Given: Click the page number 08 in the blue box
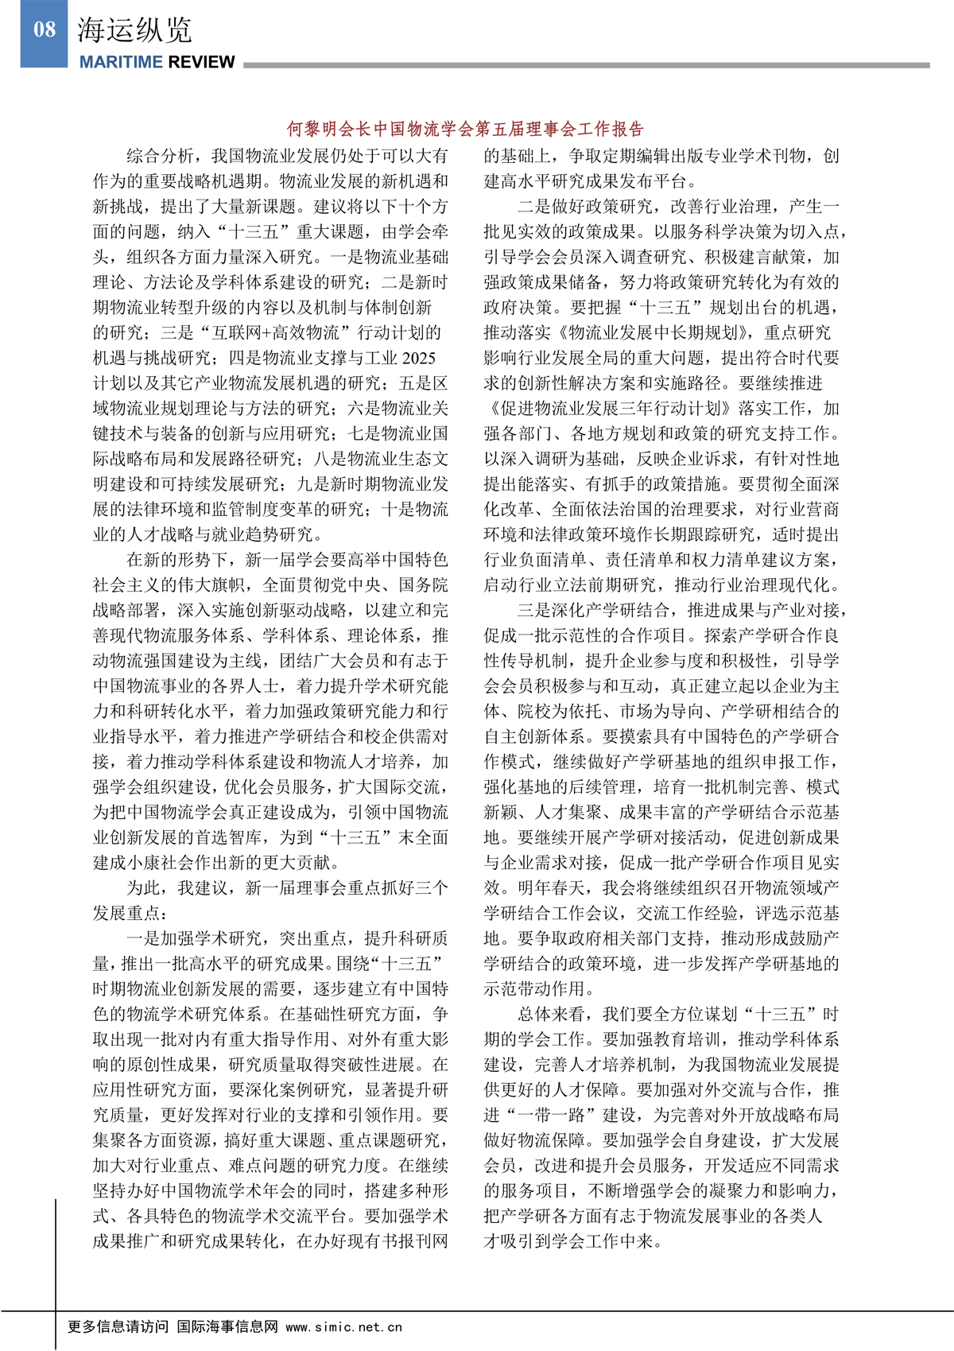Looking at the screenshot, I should click(45, 31).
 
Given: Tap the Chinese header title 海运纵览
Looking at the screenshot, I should click(134, 30).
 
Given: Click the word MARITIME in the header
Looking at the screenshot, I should click(120, 62).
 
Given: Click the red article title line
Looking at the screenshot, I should click(465, 129).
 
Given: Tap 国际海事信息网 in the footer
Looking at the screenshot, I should click(227, 1326).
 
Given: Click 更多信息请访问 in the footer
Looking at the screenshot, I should click(118, 1326).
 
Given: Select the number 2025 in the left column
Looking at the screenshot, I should click(419, 358).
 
